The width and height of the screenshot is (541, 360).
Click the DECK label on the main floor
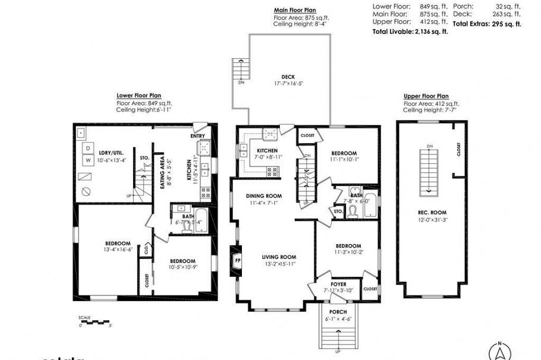click(288, 77)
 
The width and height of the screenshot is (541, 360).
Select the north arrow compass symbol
click(501, 351)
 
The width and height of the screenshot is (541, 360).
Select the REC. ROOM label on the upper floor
click(432, 212)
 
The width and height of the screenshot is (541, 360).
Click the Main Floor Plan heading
click(294, 10)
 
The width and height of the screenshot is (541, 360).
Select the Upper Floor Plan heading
click(426, 96)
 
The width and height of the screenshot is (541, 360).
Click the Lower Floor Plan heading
click(139, 95)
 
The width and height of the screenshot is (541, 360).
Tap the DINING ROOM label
click(264, 195)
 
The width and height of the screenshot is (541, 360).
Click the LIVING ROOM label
click(279, 257)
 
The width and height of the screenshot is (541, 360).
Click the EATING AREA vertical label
click(162, 172)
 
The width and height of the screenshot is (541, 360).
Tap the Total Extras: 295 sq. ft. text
click(486, 24)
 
